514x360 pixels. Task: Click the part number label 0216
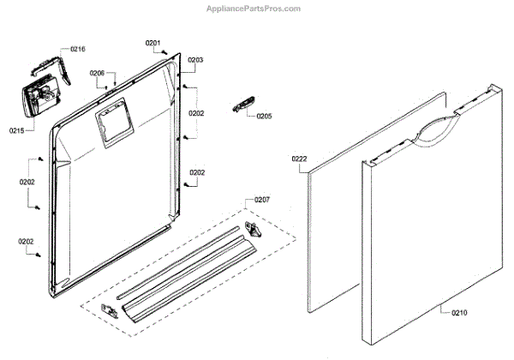point(77,50)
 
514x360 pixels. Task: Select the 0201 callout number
point(152,43)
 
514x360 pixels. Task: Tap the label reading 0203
point(195,60)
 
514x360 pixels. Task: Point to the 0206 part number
point(97,74)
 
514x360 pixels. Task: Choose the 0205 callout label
point(264,116)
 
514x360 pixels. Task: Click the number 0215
point(17,130)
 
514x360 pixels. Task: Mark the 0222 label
point(299,159)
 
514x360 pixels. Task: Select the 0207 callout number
point(262,200)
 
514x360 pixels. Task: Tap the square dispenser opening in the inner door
point(112,125)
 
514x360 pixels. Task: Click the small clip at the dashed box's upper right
point(255,230)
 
